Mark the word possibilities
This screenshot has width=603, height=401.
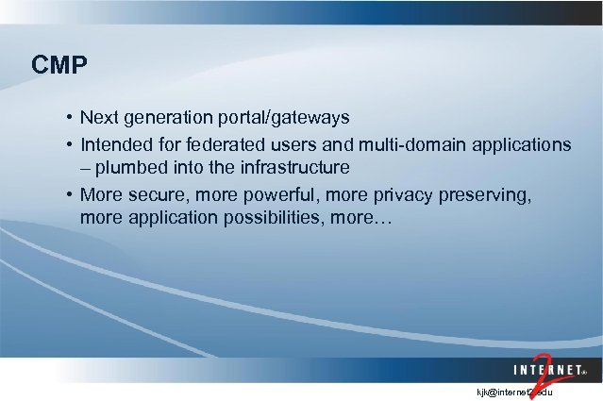coord(263,218)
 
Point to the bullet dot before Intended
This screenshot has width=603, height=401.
coord(70,146)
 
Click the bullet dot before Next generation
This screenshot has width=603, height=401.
coord(70,119)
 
